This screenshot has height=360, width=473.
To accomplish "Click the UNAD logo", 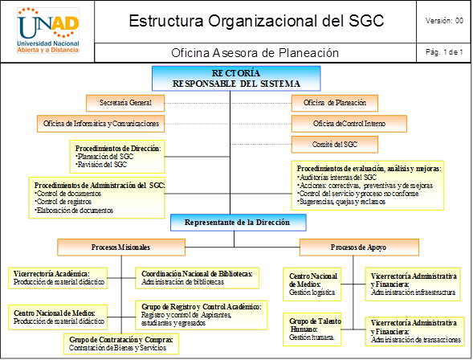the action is tap(48, 31).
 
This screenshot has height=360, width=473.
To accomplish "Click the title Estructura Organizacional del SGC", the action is tap(256, 21).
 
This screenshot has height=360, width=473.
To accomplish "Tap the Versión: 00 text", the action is tap(444, 21).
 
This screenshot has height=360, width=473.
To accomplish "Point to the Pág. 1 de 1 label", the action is tap(444, 52).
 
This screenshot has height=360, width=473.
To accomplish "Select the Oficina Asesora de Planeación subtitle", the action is tap(255, 53).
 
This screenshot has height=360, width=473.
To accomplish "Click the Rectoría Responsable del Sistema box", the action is tap(236, 79).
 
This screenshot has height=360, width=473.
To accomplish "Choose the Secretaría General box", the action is tap(125, 103).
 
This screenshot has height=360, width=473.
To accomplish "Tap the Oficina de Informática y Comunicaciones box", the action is tap(100, 124).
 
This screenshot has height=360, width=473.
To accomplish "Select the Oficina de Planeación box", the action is tap(335, 103).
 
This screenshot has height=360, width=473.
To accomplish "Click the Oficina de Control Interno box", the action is tap(349, 124).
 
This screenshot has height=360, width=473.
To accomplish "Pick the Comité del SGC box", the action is tap(335, 145).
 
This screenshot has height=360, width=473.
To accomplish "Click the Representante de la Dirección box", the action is tap(239, 223).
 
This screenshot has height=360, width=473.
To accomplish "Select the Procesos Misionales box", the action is tap(121, 247).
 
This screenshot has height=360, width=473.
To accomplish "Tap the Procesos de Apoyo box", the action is tap(359, 247).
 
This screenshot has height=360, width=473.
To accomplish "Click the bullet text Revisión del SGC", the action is tap(101, 165).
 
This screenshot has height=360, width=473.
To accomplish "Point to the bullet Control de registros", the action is tap(63, 202).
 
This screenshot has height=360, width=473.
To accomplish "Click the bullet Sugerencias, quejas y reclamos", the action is tap(341, 202).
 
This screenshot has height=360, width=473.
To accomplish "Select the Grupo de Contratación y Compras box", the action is tap(121, 344).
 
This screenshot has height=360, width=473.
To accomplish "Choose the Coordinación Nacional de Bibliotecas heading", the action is tap(197, 274).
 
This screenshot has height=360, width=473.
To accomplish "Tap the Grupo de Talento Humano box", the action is tap(312, 329).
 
